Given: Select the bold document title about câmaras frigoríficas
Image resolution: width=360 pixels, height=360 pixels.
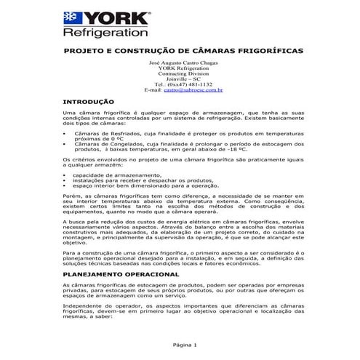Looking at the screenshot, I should (x=180, y=52).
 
